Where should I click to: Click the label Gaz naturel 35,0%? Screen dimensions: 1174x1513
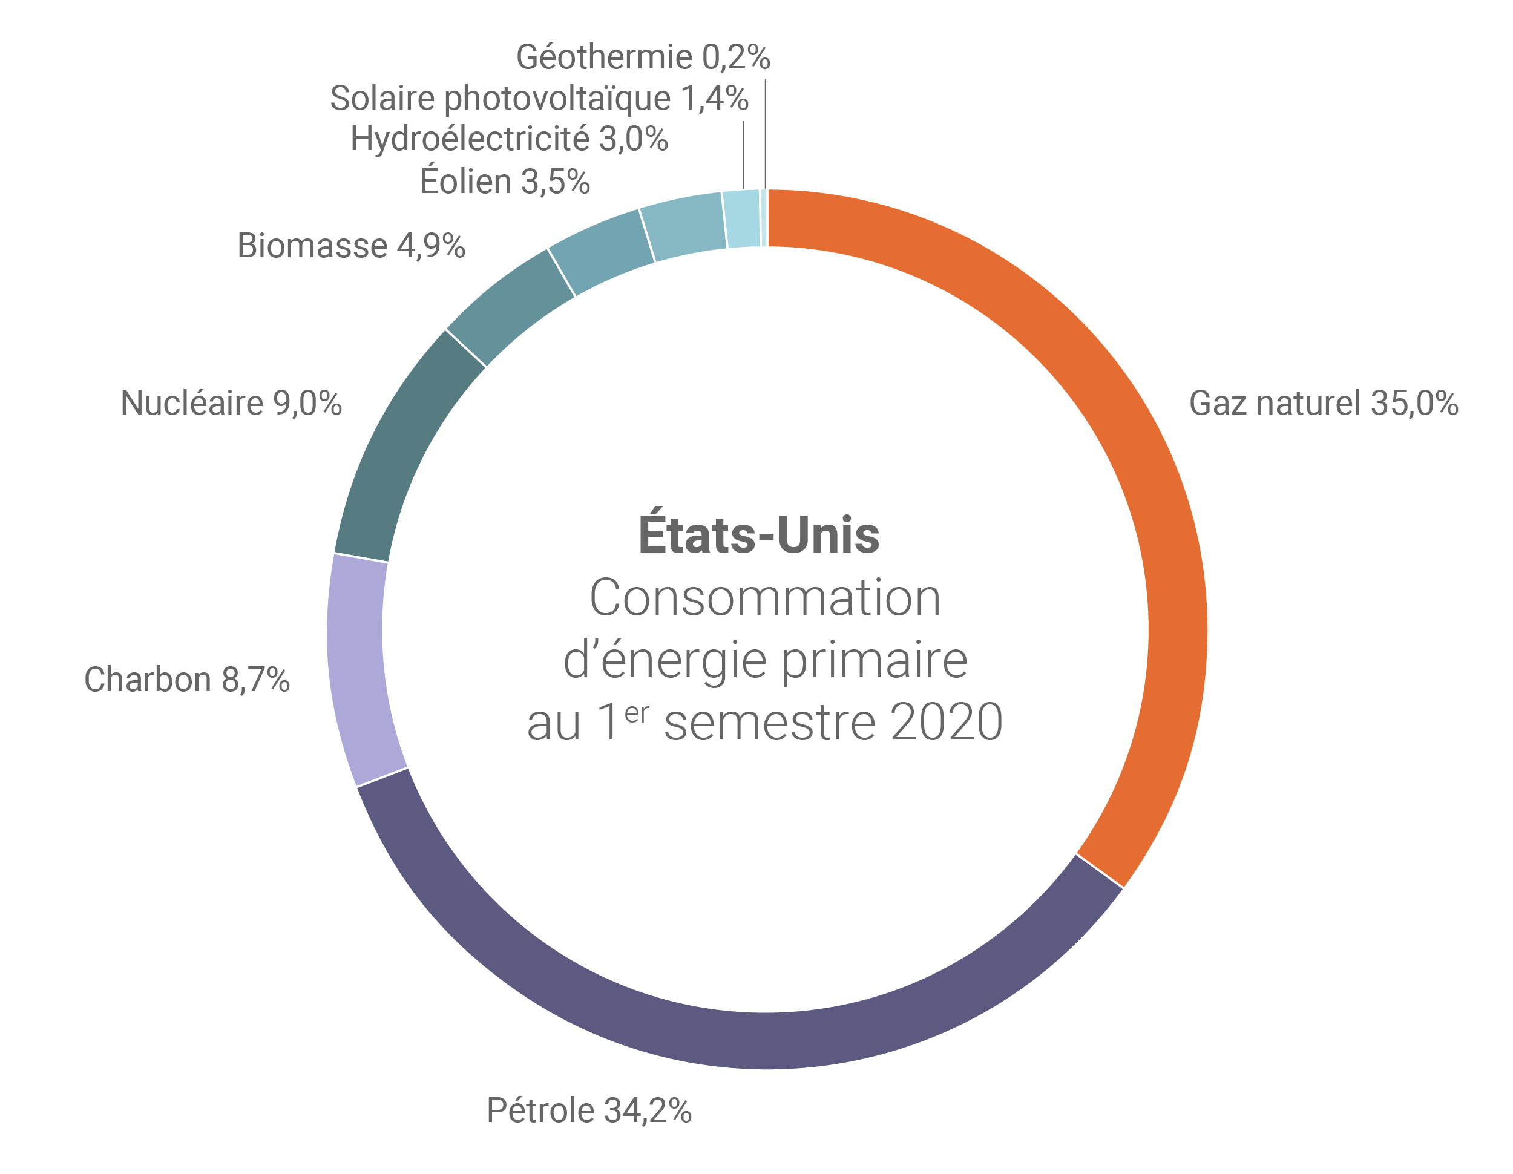click(1323, 403)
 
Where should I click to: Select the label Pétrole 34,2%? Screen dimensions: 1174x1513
click(589, 1110)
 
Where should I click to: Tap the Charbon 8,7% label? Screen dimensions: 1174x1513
click(186, 680)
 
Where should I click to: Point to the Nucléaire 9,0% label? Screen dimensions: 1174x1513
click(231, 403)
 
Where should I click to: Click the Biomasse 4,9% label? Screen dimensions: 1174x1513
click(350, 246)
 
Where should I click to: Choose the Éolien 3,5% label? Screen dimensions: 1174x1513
click(504, 182)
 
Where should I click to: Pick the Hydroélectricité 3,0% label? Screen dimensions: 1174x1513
click(508, 139)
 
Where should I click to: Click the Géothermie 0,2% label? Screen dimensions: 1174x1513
click(642, 57)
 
